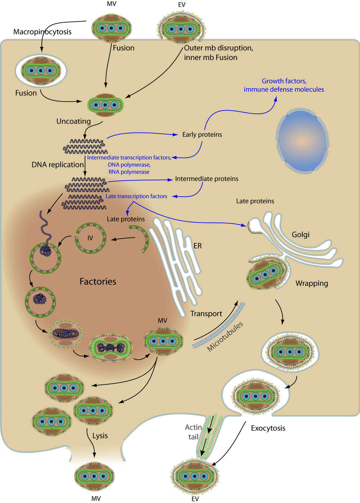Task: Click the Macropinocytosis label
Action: tap(42, 32)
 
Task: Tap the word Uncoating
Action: tap(73, 121)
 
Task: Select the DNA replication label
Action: tap(58, 165)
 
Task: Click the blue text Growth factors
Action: tap(284, 81)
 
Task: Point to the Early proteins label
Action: tap(202, 134)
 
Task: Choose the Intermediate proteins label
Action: tap(207, 179)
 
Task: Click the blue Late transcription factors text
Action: tap(136, 196)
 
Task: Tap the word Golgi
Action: tap(301, 234)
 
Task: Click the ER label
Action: tap(198, 246)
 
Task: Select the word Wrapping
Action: tap(312, 283)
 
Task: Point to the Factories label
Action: tap(98, 281)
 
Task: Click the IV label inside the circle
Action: tap(90, 238)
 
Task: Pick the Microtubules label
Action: tap(225, 337)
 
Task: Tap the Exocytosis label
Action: tap(268, 428)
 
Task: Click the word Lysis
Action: tap(100, 436)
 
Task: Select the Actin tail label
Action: tap(193, 432)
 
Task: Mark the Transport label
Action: tap(206, 314)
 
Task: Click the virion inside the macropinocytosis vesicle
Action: tap(41, 71)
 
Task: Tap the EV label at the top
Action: tap(182, 5)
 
